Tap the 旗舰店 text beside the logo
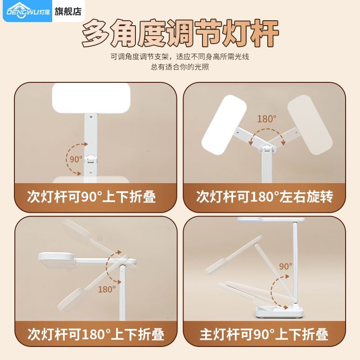68,11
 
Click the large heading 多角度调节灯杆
180,33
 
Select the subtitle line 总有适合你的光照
180,67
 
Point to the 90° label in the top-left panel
76,159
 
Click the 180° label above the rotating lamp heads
266,119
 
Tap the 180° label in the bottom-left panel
107,289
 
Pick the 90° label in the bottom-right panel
286,266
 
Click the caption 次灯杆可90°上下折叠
91,197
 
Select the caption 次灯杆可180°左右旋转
265,197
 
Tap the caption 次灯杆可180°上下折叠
96,334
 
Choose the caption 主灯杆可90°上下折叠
264,334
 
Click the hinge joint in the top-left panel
91,159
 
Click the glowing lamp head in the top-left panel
91,98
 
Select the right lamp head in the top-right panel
310,125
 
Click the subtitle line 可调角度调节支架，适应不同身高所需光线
180,57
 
